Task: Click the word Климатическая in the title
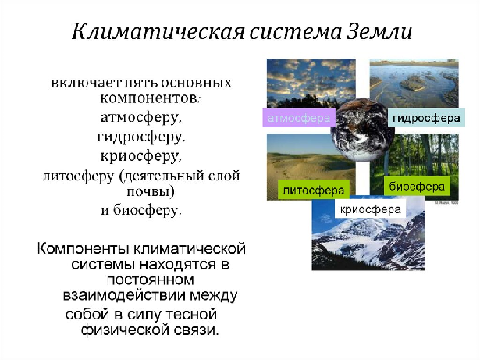158,31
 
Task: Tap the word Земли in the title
379,31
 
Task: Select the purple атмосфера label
299,118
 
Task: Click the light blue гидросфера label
426,118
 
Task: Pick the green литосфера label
314,191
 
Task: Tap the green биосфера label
417,186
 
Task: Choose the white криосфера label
371,209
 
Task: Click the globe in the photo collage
362,130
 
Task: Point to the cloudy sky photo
311,83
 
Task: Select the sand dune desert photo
311,167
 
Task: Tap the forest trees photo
414,167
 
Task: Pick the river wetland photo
414,83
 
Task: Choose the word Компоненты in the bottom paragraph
83,248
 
